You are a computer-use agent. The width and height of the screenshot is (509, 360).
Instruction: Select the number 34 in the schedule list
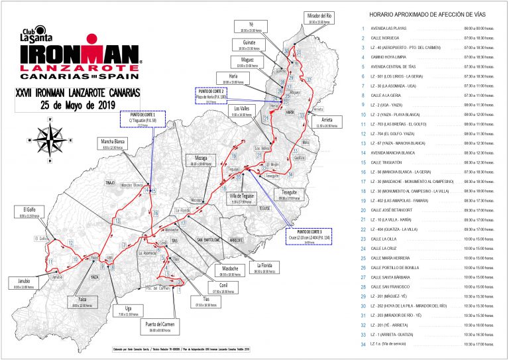point(362,345)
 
